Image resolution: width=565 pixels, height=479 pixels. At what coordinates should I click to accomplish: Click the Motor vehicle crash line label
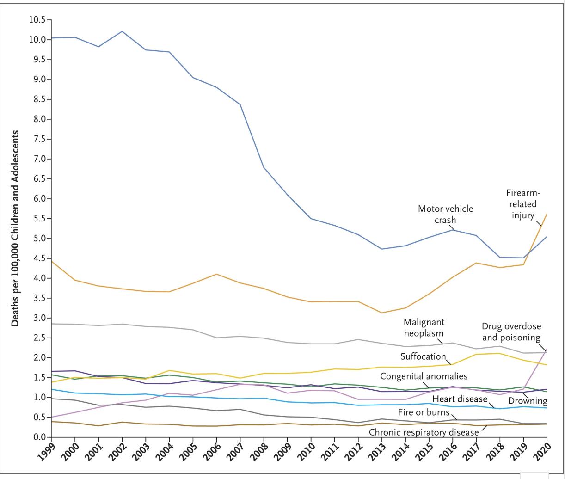click(445, 214)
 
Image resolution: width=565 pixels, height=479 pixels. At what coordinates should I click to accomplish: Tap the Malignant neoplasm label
click(424, 327)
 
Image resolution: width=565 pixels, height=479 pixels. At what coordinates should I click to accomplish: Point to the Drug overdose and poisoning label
click(511, 332)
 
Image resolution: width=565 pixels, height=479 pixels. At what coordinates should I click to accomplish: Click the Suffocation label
click(423, 356)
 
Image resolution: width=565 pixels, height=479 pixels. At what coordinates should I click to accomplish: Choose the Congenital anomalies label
click(424, 376)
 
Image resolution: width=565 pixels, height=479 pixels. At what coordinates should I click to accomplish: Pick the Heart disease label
click(459, 399)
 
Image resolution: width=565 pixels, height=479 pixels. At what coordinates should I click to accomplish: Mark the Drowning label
click(528, 401)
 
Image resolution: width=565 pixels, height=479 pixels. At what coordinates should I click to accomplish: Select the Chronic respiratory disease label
click(424, 432)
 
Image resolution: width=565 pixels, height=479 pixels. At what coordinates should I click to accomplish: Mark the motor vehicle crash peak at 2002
click(122, 31)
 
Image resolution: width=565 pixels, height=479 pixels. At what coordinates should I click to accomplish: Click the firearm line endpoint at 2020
click(547, 214)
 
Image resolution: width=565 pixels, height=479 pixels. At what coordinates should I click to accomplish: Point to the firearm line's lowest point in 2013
click(382, 313)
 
